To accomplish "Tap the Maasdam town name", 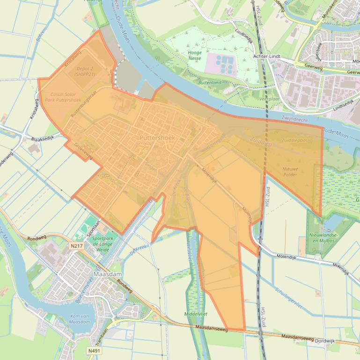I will (108, 274).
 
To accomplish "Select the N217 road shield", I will (75, 245).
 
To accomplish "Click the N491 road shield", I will (94, 350).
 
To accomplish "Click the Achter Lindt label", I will (266, 56).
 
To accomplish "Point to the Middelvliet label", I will (196, 314).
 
